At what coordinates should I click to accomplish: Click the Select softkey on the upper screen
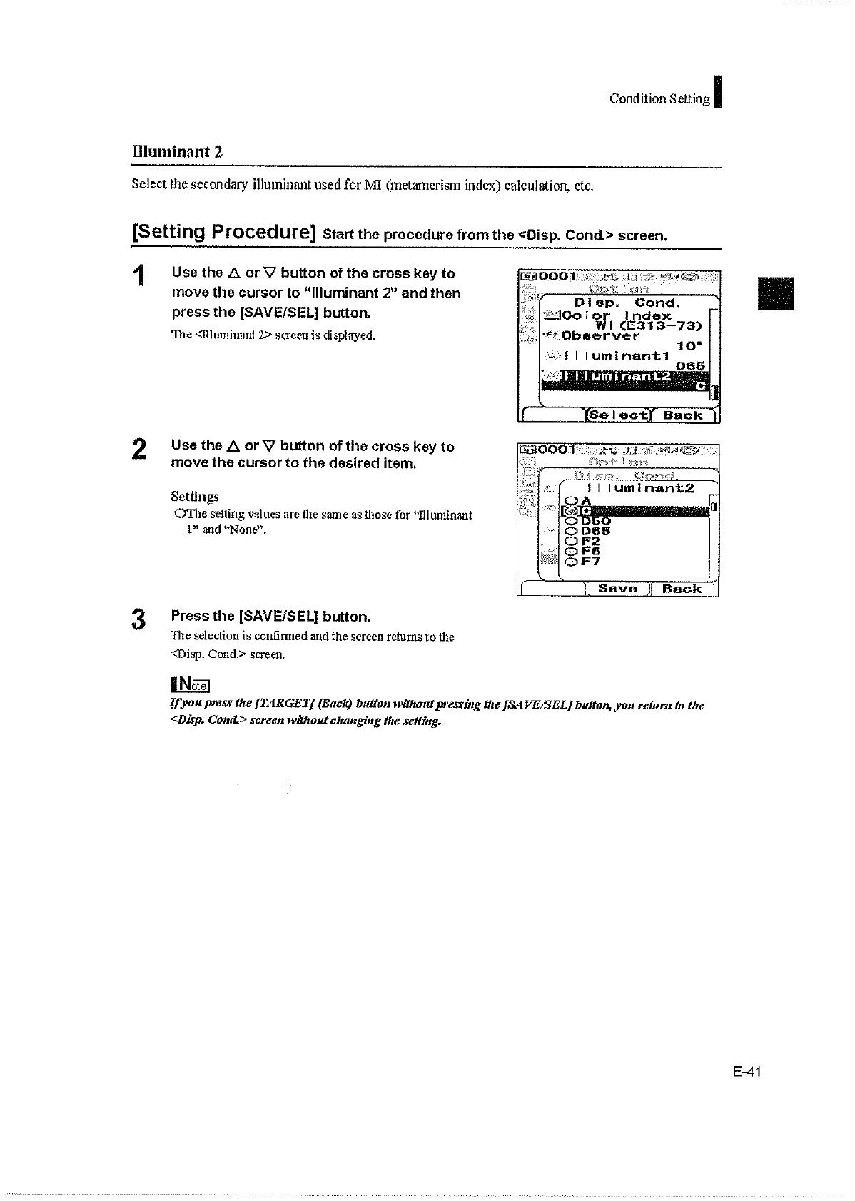tap(618, 415)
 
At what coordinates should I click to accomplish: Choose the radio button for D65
tap(571, 531)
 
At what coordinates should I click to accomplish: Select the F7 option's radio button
tap(571, 561)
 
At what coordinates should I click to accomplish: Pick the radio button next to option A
tap(571, 500)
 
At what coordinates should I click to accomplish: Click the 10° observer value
tap(687, 346)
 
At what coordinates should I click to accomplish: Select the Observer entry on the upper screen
tap(601, 335)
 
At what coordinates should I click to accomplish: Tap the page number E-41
tap(747, 1071)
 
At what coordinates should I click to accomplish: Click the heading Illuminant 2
tap(177, 151)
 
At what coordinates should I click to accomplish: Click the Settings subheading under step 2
tap(195, 496)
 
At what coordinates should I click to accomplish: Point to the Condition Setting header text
tap(659, 99)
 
